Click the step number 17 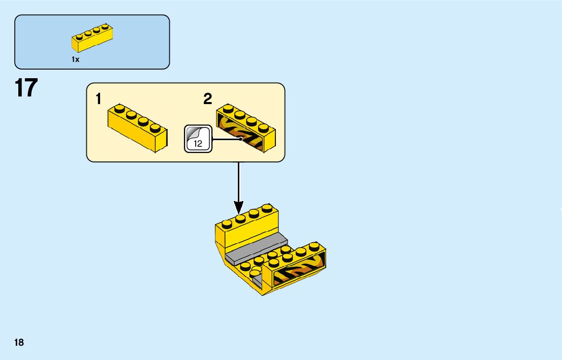click(26, 88)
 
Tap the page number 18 click(19, 343)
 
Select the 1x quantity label click(75, 59)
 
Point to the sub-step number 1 click(99, 99)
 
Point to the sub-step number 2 click(207, 99)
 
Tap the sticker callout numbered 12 click(197, 139)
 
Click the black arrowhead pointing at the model click(238, 207)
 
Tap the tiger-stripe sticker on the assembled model click(300, 270)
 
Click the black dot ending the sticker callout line click(241, 139)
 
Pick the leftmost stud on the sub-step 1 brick click(119, 108)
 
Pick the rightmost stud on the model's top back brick click(266, 208)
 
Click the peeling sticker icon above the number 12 click(194, 133)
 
